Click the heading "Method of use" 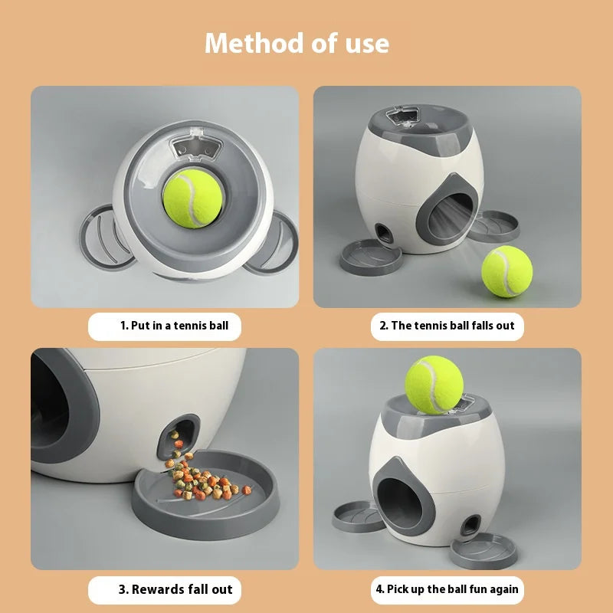click(297, 43)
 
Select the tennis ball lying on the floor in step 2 click(506, 271)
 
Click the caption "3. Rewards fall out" click(175, 589)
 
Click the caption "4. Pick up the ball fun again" click(447, 589)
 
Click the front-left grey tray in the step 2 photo click(372, 257)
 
